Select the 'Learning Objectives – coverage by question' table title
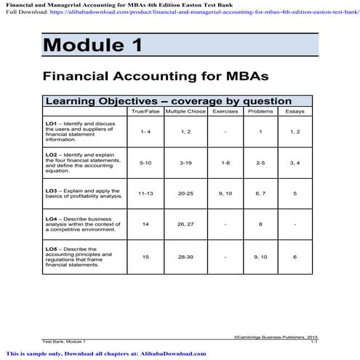pos(168,101)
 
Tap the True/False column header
pos(144,112)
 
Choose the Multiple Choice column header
pos(185,112)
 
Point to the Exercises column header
pos(225,112)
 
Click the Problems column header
pos(260,112)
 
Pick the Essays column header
pos(295,112)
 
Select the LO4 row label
pos(80,225)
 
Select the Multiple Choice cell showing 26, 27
pos(185,225)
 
